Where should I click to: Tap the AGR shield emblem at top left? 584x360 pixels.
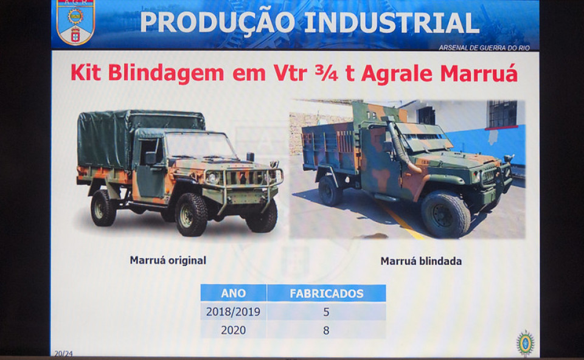click(x=76, y=22)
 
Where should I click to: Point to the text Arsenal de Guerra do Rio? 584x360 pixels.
click(x=484, y=47)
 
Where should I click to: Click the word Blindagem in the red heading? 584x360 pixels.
click(x=166, y=74)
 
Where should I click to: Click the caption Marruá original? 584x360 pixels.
click(x=168, y=260)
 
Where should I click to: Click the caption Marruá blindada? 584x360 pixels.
click(x=421, y=261)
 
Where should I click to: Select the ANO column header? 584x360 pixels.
click(x=234, y=293)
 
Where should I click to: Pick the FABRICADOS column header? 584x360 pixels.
click(x=326, y=293)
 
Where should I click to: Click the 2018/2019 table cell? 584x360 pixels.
click(x=233, y=311)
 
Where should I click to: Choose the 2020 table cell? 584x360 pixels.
click(x=233, y=330)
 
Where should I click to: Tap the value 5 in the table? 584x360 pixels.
click(x=326, y=311)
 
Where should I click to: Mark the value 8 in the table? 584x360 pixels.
click(x=326, y=330)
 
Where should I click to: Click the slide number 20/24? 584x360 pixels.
click(x=63, y=353)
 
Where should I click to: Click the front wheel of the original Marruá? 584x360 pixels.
click(x=191, y=214)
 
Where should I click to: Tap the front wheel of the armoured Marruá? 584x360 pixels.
click(x=445, y=214)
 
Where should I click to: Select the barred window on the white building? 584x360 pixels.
click(x=502, y=114)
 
